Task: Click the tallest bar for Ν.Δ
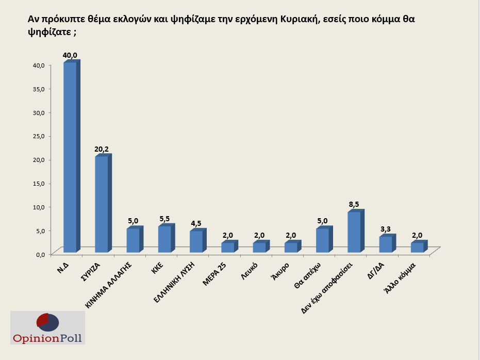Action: [x=70, y=157]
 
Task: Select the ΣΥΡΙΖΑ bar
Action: [x=102, y=204]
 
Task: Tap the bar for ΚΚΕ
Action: [x=164, y=239]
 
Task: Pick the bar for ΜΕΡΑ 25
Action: [x=227, y=248]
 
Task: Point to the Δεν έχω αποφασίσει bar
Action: [x=354, y=232]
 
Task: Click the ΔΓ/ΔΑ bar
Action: [x=386, y=244]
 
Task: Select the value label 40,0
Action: [x=70, y=55]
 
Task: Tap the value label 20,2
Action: [x=102, y=149]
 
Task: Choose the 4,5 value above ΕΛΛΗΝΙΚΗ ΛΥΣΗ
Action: [x=196, y=224]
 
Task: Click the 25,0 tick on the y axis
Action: [x=39, y=136]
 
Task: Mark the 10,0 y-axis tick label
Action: [x=39, y=207]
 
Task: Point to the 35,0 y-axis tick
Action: [x=39, y=89]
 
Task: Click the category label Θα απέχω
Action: [x=311, y=275]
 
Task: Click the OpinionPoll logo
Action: [x=47, y=328]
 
